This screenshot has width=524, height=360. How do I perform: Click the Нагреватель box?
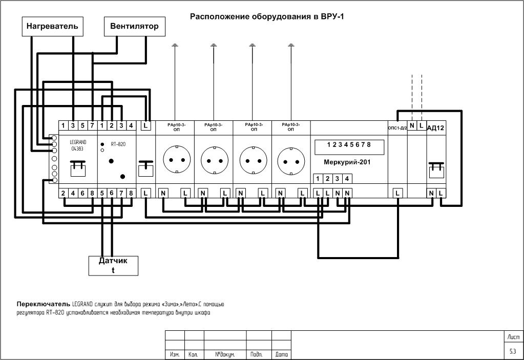[52, 27]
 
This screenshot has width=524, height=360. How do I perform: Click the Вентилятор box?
[135, 27]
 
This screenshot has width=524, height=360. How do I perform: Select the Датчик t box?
[113, 265]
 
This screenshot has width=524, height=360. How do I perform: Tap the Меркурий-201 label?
[347, 162]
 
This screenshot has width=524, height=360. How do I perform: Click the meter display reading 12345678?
[348, 145]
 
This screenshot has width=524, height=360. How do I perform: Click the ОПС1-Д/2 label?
[397, 128]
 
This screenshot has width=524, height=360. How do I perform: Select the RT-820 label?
[118, 144]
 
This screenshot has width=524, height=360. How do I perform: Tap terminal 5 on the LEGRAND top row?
[82, 125]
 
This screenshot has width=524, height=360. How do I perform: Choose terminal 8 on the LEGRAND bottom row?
[92, 193]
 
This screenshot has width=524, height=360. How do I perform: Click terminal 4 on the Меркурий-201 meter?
[347, 179]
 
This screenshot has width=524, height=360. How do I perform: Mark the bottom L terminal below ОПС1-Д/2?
[397, 193]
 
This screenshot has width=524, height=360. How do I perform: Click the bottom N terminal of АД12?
[431, 193]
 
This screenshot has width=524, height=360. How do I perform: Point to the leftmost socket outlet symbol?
[175, 160]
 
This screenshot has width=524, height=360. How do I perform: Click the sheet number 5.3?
[513, 352]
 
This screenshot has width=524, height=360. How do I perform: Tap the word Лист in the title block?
[513, 337]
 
